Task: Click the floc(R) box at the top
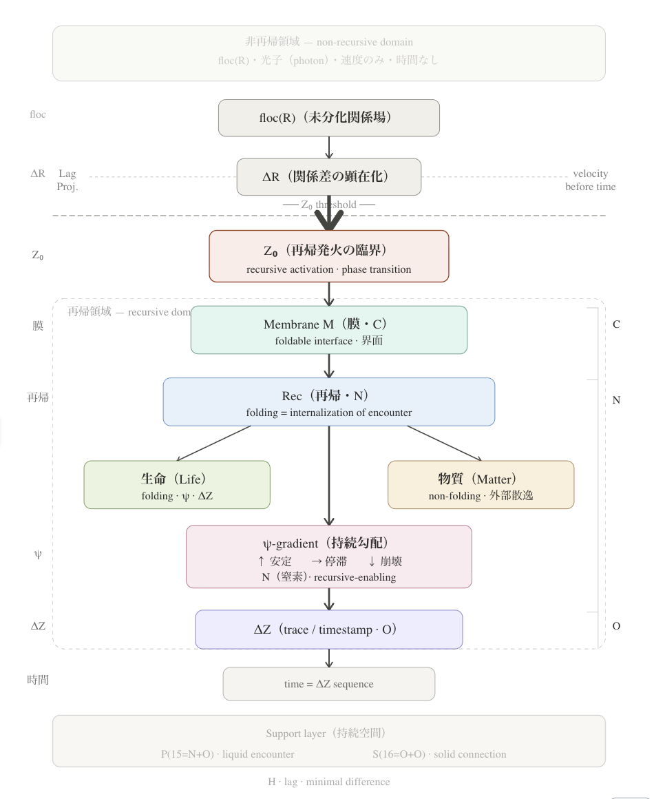pyautogui.click(x=328, y=118)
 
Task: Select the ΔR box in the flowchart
pyautogui.click(x=328, y=177)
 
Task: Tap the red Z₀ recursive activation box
pyautogui.click(x=328, y=256)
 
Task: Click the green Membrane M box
pyautogui.click(x=328, y=330)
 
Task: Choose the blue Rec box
pyautogui.click(x=328, y=402)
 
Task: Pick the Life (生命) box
pyautogui.click(x=177, y=485)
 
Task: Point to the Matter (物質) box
pyautogui.click(x=481, y=485)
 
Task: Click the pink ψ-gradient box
pyautogui.click(x=328, y=557)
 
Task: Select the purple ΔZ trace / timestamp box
pyautogui.click(x=328, y=630)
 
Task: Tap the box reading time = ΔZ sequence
pyautogui.click(x=328, y=684)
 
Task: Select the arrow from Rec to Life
pyautogui.click(x=213, y=443)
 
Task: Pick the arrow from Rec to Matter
pyautogui.click(x=444, y=443)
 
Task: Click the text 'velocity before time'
pyautogui.click(x=590, y=180)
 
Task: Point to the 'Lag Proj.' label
pyautogui.click(x=67, y=180)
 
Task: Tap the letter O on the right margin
pyautogui.click(x=616, y=626)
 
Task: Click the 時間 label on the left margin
pyautogui.click(x=38, y=681)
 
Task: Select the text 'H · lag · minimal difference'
pyautogui.click(x=328, y=782)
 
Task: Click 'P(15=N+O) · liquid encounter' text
pyautogui.click(x=227, y=754)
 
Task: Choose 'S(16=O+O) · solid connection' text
pyautogui.click(x=439, y=754)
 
